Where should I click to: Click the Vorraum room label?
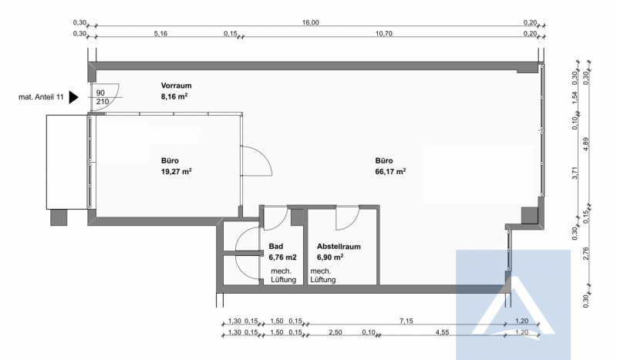[x=177, y=86]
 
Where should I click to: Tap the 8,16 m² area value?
[x=174, y=96]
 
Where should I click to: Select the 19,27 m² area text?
[x=177, y=172]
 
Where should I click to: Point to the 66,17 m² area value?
[x=390, y=172]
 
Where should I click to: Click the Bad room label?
[x=276, y=246]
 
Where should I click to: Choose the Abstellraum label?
[x=339, y=247]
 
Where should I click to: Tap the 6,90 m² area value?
[x=330, y=257]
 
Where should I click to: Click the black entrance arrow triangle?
[x=73, y=97]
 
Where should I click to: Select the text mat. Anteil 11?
[x=41, y=97]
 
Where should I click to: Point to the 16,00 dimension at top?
[x=311, y=22]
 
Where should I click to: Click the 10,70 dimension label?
[x=383, y=33]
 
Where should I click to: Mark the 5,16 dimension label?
[x=160, y=33]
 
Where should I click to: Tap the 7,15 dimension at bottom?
[x=406, y=321]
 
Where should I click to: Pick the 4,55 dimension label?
[x=442, y=332]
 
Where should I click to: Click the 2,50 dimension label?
[x=335, y=332]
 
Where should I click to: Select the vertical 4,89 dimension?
[x=586, y=144]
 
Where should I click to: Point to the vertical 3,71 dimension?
[x=575, y=173]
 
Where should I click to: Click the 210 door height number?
[x=103, y=102]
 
